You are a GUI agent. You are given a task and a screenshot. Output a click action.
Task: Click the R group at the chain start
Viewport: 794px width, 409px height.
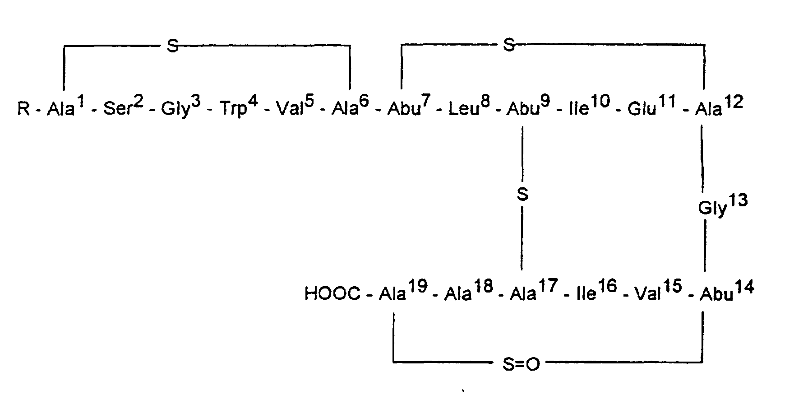coord(23,109)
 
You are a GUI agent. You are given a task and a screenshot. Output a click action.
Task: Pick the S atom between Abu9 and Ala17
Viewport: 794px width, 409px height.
coord(522,195)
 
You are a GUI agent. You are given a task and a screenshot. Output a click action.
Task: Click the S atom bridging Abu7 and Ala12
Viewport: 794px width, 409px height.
coord(508,45)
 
